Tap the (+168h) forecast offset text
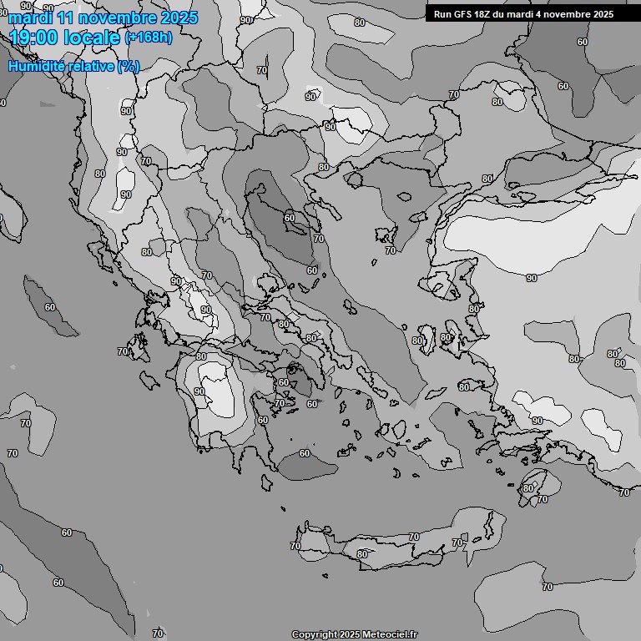148,38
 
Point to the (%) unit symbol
129,66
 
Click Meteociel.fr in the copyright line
390,635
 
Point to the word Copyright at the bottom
315,635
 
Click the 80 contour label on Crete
361,554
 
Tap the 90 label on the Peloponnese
199,391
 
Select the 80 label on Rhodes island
527,488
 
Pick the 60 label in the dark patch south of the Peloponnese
304,453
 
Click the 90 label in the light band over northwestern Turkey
532,278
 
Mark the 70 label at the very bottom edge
158,634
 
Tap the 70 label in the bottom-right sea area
547,587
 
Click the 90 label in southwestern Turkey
538,421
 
